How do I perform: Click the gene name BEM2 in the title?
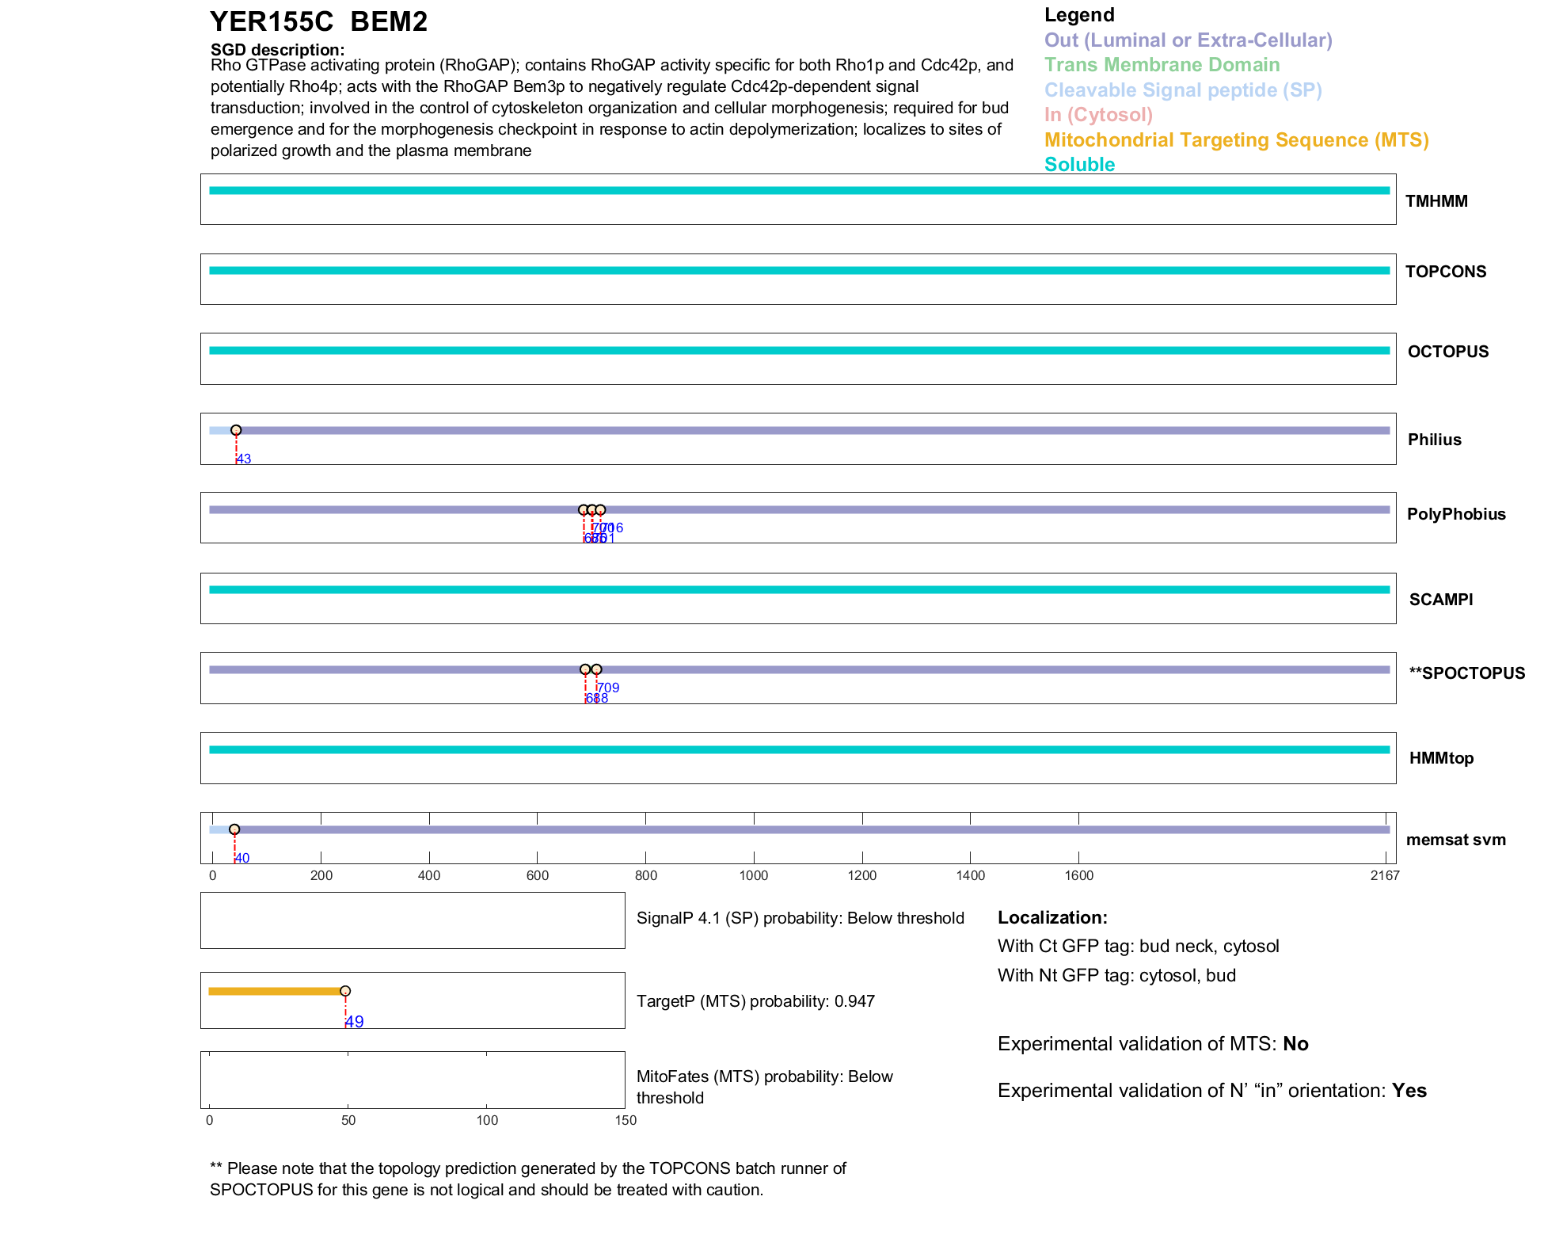[x=388, y=22]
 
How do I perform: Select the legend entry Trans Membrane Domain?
[x=1162, y=65]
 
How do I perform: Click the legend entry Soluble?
[x=1079, y=165]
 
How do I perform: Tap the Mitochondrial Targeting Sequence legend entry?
[x=1236, y=140]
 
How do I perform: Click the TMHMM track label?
[x=1436, y=201]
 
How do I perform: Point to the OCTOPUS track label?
[x=1447, y=352]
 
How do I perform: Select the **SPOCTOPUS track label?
[x=1466, y=673]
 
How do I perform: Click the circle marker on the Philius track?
[x=236, y=430]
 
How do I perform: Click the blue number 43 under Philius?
[x=244, y=459]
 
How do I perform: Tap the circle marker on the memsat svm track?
[x=234, y=829]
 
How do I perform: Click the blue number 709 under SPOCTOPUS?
[x=608, y=688]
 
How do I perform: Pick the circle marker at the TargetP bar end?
[x=345, y=991]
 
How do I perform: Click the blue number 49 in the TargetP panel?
[x=355, y=1022]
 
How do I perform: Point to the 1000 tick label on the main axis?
[x=754, y=875]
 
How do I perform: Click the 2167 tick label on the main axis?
[x=1385, y=875]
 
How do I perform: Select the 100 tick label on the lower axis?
[x=487, y=1120]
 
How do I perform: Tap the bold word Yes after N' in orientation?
[x=1409, y=1091]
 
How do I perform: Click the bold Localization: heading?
[x=1052, y=918]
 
